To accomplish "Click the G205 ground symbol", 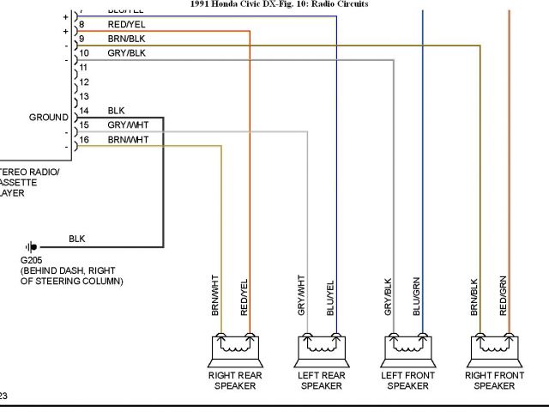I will [x=32, y=246].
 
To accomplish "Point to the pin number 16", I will [x=83, y=139].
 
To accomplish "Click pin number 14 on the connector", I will [x=83, y=111].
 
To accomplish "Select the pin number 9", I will [x=81, y=39].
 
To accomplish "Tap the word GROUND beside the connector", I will [x=49, y=118].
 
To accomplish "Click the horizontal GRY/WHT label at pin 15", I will [x=128, y=124].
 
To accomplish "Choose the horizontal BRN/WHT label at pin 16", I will [x=128, y=139].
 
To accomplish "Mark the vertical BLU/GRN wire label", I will [x=418, y=295].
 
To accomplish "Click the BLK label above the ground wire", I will [x=76, y=238].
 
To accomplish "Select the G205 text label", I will [x=31, y=259].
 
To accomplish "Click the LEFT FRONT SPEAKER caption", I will [x=408, y=381].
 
